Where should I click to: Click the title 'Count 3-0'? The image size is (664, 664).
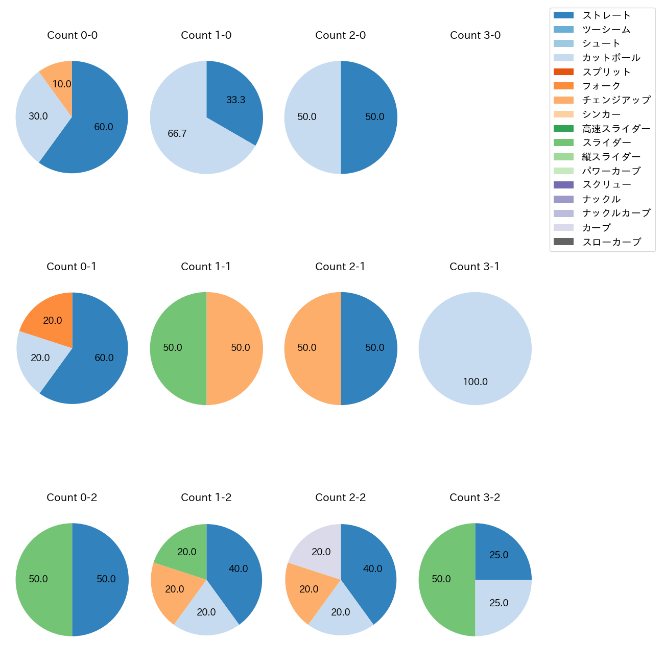475,35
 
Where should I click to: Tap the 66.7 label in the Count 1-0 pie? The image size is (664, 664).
177,134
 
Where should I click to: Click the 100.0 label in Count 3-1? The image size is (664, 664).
475,382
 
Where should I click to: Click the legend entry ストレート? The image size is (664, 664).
607,15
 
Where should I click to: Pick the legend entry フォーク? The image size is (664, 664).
601,86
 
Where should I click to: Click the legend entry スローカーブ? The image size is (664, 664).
611,242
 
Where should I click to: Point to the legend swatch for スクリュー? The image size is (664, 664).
563,185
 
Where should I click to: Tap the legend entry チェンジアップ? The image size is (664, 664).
616,100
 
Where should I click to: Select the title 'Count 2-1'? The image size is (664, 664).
340,267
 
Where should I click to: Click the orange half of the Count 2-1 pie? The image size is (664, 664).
309,348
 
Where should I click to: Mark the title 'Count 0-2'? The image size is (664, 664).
72,497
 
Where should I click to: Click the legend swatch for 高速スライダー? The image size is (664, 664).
563,128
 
